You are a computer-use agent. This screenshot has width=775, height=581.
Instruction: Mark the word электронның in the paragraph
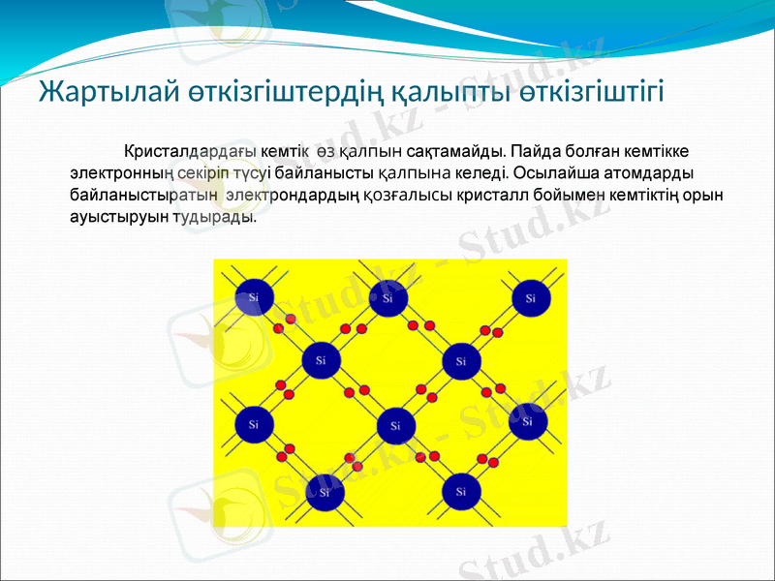[120, 173]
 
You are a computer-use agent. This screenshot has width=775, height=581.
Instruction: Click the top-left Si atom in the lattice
[254, 297]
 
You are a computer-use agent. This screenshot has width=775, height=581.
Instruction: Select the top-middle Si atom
[388, 298]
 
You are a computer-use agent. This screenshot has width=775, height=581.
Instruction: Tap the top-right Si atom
[530, 298]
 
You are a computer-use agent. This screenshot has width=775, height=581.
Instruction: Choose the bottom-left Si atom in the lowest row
[324, 493]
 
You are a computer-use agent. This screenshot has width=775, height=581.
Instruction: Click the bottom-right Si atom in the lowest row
[461, 492]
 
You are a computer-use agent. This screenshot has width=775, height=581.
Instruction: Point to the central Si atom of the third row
[394, 425]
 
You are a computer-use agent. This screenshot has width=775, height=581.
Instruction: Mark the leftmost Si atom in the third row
[254, 424]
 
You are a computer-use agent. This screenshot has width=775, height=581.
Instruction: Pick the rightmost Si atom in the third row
[528, 422]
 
